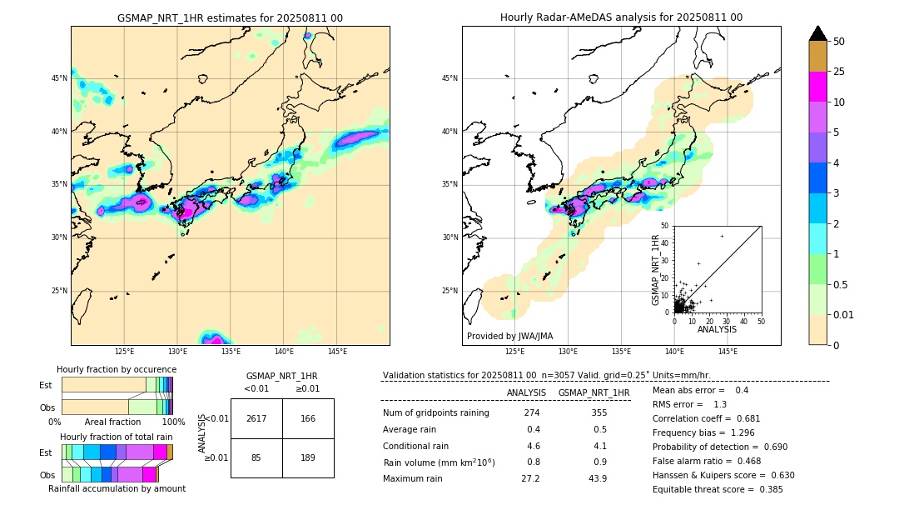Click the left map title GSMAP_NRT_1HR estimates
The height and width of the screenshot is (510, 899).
point(230,17)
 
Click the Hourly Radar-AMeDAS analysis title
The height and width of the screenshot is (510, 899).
point(621,17)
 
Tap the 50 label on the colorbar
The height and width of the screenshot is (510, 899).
point(839,42)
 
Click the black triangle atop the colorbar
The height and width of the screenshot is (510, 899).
point(818,33)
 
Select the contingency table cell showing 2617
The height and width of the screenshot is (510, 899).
point(256,418)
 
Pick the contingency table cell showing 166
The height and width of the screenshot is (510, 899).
point(308,418)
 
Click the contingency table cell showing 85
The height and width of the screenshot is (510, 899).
point(256,457)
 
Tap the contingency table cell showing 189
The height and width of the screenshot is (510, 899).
point(308,457)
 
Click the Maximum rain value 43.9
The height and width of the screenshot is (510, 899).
point(598,478)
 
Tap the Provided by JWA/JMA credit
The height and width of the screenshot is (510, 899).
point(509,336)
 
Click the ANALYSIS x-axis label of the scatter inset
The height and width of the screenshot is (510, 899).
point(717,329)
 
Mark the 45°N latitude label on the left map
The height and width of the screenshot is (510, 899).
point(58,78)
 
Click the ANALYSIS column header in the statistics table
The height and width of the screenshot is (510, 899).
point(526,392)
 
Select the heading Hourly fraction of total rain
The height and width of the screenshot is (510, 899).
point(117,437)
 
